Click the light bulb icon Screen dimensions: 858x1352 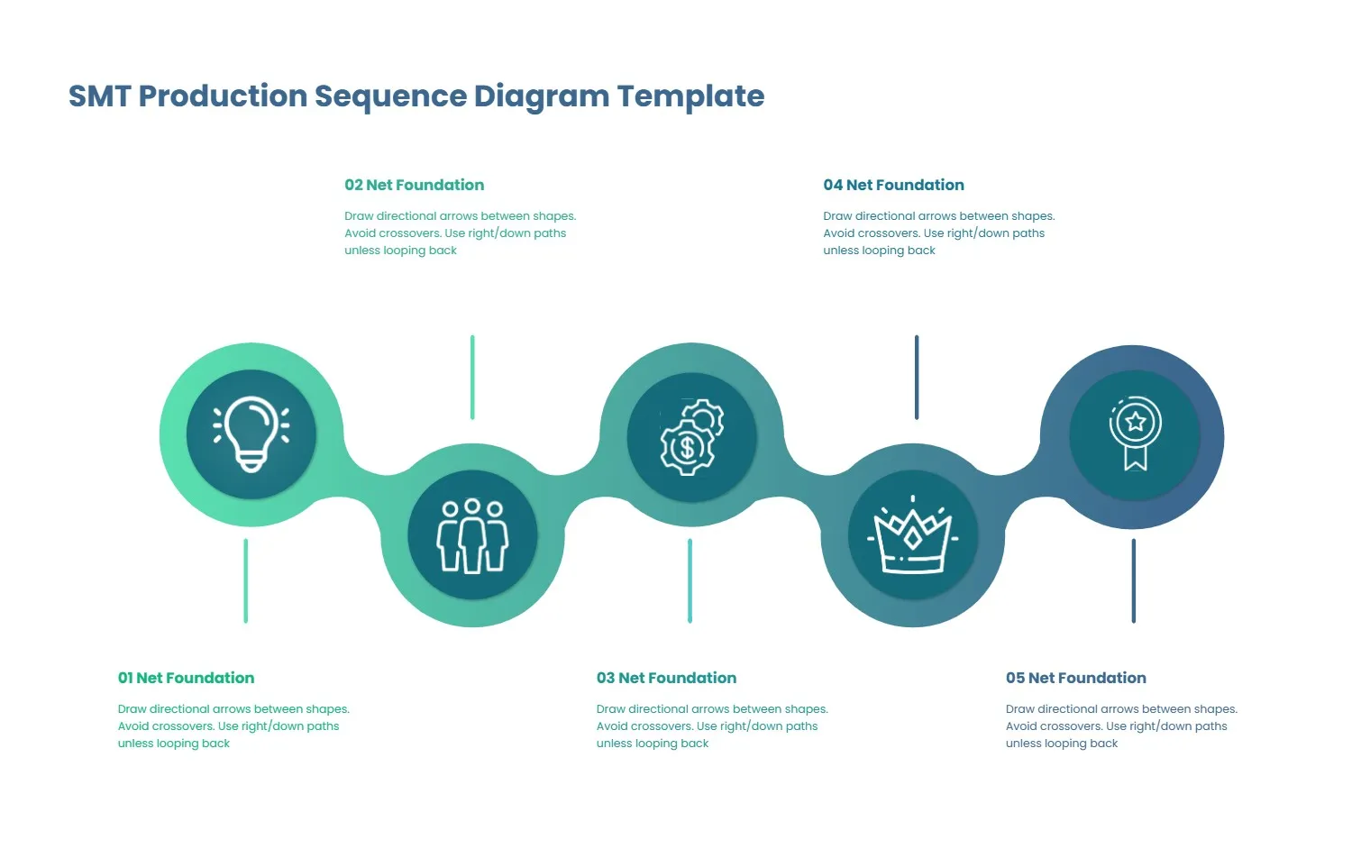click(x=251, y=434)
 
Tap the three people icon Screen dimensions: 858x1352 click(x=472, y=535)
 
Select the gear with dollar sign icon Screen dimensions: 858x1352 click(x=691, y=437)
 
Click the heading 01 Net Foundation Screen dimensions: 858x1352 click(x=186, y=678)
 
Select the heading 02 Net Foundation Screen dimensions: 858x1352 click(x=414, y=185)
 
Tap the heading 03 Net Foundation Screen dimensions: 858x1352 click(x=666, y=678)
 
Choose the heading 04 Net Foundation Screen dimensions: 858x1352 click(x=893, y=185)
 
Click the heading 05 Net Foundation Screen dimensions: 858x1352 click(x=1075, y=678)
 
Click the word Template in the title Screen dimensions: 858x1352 click(x=690, y=96)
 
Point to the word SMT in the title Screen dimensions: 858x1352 click(x=99, y=96)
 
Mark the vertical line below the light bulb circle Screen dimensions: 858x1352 click(x=245, y=580)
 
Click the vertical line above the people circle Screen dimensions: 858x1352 click(x=472, y=377)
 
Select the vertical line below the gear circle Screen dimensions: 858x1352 click(x=690, y=580)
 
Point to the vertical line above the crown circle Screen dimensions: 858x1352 click(x=917, y=377)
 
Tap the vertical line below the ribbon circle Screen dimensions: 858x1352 click(x=1133, y=580)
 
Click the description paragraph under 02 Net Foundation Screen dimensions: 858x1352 click(x=460, y=233)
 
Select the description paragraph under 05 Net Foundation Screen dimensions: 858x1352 click(x=1120, y=726)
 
